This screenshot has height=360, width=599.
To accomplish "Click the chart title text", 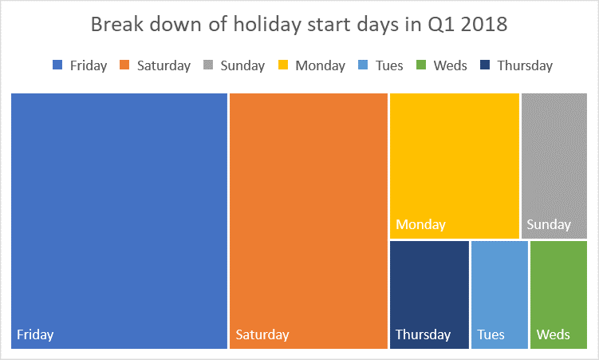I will tap(299, 25).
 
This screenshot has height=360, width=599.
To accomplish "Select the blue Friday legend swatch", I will tap(57, 65).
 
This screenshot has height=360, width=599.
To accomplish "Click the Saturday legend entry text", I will tap(164, 65).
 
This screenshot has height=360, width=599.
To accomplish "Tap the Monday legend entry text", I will tap(320, 65).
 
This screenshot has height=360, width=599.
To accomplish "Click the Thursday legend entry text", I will tap(525, 65).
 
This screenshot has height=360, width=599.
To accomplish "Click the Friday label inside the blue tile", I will tap(35, 334).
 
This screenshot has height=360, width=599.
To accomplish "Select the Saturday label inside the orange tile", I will tap(262, 334).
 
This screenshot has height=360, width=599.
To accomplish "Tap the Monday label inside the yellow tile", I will tap(420, 224).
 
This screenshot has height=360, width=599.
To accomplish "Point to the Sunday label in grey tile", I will tap(549, 224).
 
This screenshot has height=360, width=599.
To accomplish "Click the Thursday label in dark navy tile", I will tap(423, 334).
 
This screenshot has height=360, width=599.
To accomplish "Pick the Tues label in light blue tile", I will tap(491, 334).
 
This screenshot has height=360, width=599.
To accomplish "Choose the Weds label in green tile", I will tap(554, 334).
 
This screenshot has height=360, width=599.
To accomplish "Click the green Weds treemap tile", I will tap(558, 287).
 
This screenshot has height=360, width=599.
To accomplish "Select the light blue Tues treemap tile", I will tap(499, 287).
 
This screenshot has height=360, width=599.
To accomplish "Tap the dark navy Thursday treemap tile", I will tap(429, 287).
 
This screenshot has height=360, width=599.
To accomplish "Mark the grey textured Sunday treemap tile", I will tap(554, 160).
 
